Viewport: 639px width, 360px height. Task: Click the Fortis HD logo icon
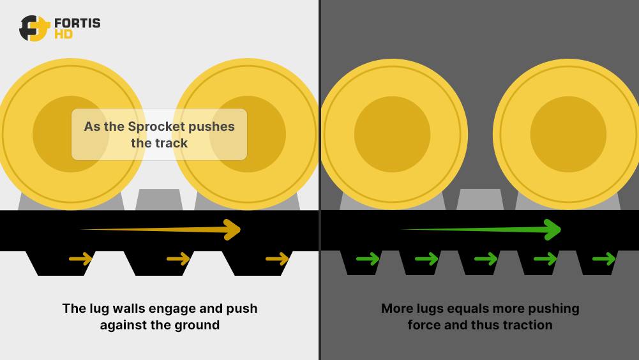[x=34, y=28]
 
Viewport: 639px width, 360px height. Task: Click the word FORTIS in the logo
[x=77, y=23]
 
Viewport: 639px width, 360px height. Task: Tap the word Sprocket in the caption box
[x=157, y=126]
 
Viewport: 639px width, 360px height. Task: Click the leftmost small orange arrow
[x=80, y=259]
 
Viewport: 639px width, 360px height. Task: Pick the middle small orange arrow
[x=178, y=259]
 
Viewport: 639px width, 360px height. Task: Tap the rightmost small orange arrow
[x=277, y=259]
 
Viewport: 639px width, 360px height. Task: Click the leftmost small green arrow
[x=368, y=259]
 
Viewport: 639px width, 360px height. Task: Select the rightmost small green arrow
[x=604, y=259]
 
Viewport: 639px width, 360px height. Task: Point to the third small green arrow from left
[x=486, y=259]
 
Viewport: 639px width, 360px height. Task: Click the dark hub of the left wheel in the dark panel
[x=392, y=134]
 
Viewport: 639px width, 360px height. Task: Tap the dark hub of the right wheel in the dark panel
[x=568, y=134]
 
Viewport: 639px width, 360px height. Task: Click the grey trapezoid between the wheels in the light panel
[x=159, y=199]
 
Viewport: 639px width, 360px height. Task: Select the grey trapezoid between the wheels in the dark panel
[x=480, y=199]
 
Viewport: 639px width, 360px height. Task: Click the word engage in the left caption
[x=172, y=308]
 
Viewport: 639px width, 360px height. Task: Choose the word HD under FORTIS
[x=63, y=34]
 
